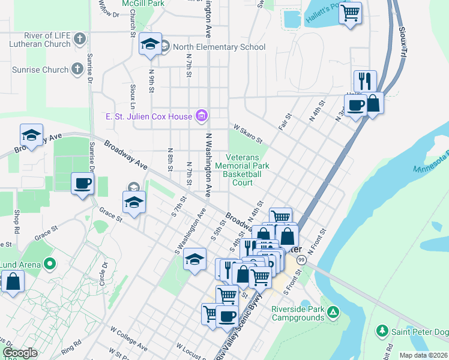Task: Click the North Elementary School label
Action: [x=219, y=47]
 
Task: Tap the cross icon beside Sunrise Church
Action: [x=77, y=70]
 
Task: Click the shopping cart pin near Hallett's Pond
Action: [x=351, y=11]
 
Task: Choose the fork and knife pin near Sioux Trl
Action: [x=365, y=80]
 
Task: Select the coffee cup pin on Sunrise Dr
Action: [x=82, y=182]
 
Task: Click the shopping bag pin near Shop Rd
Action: [x=13, y=281]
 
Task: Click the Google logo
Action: [x=20, y=353]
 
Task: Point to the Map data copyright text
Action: [x=423, y=355]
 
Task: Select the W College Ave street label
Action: [x=128, y=338]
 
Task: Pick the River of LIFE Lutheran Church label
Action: [x=40, y=40]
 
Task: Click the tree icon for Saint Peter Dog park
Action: [x=381, y=331]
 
